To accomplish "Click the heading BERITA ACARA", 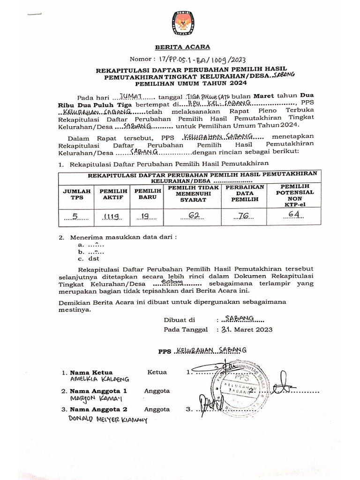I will click(183, 47).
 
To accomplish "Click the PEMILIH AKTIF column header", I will click(112, 194).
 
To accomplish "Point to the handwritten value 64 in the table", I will click(294, 215).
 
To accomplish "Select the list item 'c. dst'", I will click(89, 258).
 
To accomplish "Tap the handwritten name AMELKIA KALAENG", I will click(99, 379).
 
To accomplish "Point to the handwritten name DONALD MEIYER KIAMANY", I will click(107, 419).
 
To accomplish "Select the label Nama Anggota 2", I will click(98, 409).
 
